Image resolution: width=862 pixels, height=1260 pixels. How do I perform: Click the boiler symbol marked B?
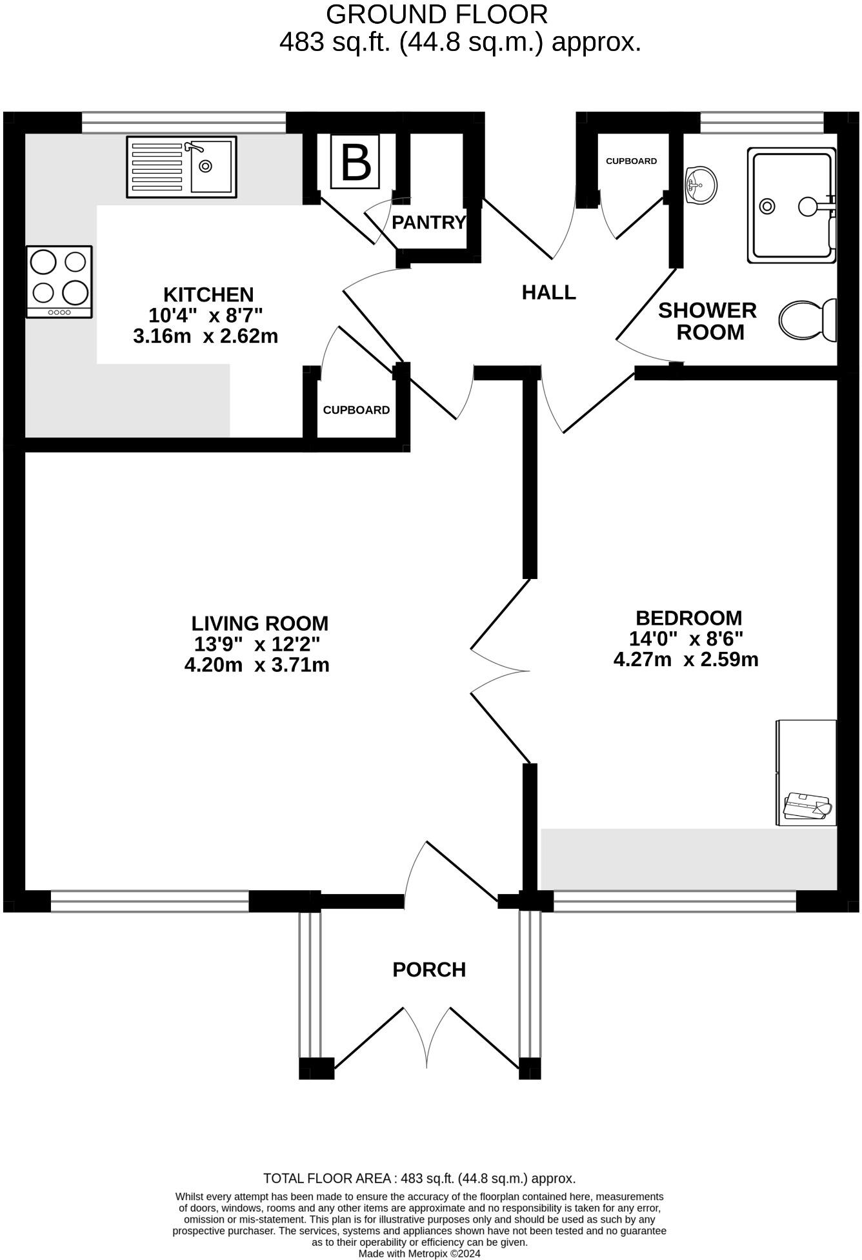[355, 161]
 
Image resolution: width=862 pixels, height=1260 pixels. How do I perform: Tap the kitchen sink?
[181, 167]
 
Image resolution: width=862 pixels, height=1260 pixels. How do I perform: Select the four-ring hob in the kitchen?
[59, 282]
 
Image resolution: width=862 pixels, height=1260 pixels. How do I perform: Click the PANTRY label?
[428, 223]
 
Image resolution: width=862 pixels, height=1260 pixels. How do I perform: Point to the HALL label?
[548, 292]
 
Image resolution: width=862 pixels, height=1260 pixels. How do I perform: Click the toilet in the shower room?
[807, 320]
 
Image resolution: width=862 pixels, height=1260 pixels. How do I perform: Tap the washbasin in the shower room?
[700, 185]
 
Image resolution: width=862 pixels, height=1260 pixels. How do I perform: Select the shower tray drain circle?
[767, 206]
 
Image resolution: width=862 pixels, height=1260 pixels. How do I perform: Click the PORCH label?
[429, 970]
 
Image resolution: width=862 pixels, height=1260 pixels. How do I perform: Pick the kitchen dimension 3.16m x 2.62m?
[205, 336]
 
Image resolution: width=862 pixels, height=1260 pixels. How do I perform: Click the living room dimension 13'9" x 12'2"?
[257, 644]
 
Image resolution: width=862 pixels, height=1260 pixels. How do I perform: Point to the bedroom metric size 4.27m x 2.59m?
[686, 660]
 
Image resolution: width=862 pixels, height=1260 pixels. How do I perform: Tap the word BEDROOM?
[688, 618]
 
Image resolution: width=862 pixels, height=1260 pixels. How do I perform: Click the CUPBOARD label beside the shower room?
[631, 161]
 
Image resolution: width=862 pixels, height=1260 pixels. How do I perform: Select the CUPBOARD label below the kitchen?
[356, 410]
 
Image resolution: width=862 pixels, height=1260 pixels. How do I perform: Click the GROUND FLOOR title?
[437, 14]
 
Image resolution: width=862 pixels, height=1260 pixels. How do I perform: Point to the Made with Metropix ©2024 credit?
[419, 1254]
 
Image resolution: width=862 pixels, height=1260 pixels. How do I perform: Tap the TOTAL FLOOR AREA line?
[419, 1178]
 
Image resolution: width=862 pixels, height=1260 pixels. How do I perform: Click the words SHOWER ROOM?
[708, 321]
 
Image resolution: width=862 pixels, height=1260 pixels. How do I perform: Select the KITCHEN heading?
[208, 295]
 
